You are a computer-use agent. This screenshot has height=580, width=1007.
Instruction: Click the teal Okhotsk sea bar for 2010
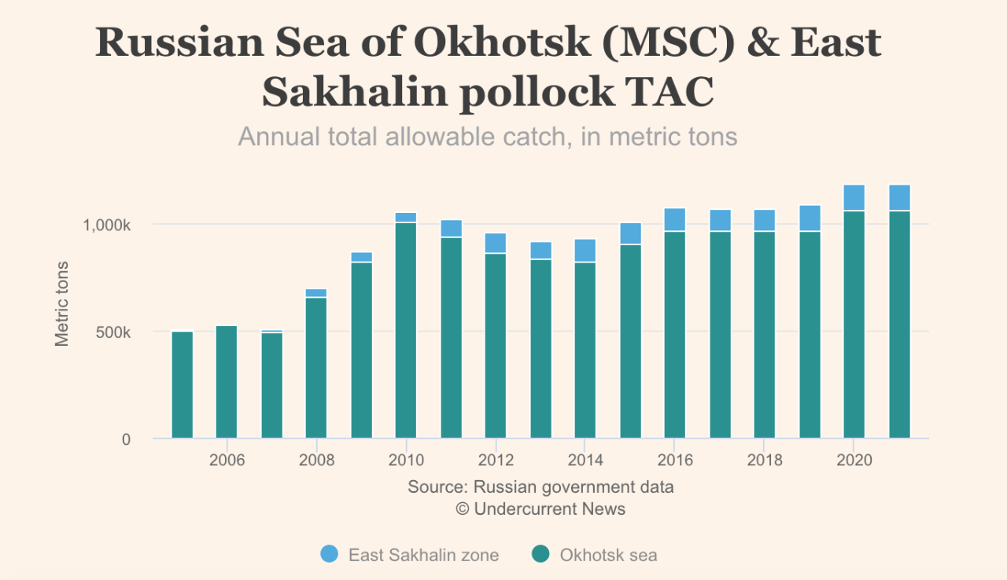point(406,330)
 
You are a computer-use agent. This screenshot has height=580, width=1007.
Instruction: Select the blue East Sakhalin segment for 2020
point(854,197)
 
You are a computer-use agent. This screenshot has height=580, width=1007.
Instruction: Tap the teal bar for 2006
point(227,382)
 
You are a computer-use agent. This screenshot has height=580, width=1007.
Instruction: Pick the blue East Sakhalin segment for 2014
point(585,250)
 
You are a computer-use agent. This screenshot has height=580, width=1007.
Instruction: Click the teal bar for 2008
point(316,368)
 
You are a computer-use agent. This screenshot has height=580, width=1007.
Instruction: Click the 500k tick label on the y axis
point(114,332)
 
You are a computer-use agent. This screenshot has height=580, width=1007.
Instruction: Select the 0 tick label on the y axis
point(126,439)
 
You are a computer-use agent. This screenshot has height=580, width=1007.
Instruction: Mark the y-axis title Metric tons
point(62,303)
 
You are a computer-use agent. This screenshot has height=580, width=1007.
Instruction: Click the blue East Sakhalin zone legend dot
point(330,554)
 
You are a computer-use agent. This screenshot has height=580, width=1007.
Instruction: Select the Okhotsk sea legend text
point(608,555)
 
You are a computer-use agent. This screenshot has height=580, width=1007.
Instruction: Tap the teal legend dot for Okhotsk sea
point(540,554)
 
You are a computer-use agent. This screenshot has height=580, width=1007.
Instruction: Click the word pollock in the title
point(536,91)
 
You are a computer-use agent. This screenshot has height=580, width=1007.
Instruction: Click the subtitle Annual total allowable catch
point(487,137)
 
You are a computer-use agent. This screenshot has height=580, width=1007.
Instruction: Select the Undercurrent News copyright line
point(540,508)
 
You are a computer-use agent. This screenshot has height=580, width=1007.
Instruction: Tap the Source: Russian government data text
point(540,486)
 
